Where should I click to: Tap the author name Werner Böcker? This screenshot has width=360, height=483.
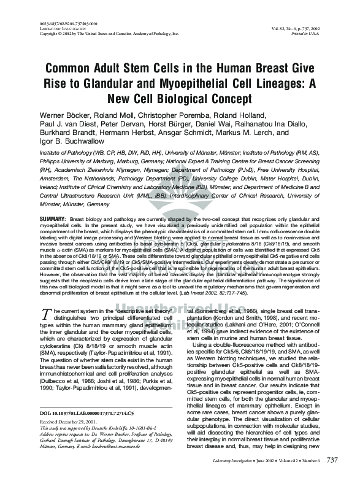[66, 115]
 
